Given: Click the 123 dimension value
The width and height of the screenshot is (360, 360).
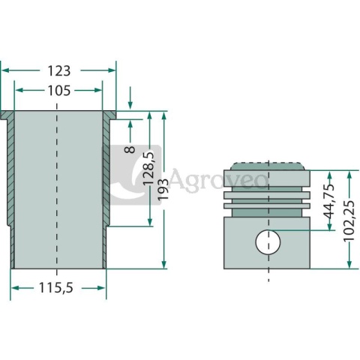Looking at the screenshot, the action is tap(59, 70).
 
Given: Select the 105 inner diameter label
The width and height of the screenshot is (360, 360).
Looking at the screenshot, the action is tap(59, 91).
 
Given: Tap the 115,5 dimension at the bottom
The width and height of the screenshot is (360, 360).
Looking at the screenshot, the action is tap(56, 288).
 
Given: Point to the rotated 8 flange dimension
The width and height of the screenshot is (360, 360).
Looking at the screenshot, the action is tap(130, 150).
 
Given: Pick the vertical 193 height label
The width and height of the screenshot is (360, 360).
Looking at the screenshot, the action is tap(163, 189).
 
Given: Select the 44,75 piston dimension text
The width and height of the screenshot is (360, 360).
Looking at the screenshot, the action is tap(328, 202).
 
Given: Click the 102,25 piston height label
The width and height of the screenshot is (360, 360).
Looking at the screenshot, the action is tap(349, 221).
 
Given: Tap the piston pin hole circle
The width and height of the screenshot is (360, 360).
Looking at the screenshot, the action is tap(268, 242).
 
